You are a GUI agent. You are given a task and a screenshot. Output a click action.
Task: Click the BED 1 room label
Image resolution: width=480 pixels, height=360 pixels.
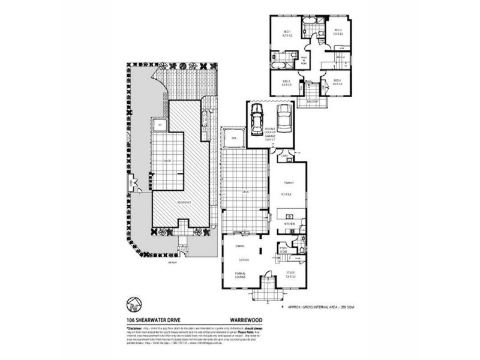pyautogui.click(x=287, y=31)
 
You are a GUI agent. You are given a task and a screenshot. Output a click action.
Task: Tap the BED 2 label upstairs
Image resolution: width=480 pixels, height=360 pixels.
pyautogui.click(x=337, y=30)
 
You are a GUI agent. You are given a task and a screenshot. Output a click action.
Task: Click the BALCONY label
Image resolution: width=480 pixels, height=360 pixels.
pyautogui.click(x=311, y=101)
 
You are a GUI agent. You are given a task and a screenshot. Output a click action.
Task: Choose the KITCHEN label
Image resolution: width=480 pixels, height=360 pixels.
pyautogui.click(x=290, y=223)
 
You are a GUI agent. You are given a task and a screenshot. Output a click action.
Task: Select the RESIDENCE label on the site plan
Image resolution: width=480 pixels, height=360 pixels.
pyautogui.click(x=183, y=202)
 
